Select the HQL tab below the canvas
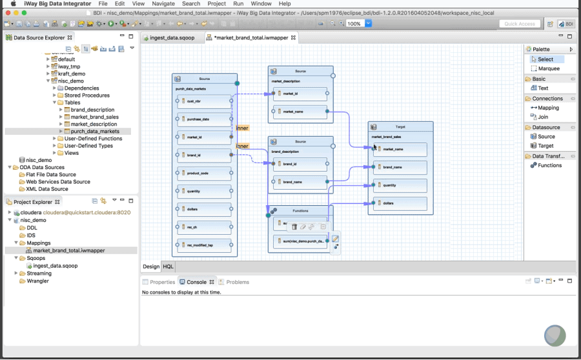(168, 266)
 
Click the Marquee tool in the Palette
(549, 68)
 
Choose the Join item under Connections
(543, 117)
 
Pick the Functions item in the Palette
(549, 165)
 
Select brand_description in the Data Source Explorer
(92, 110)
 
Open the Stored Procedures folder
(87, 95)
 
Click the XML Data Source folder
(46, 189)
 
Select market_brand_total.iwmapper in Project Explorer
(68, 250)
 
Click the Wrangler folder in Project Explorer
(37, 281)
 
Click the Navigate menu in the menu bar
(163, 4)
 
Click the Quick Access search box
(520, 24)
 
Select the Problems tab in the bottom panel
(237, 282)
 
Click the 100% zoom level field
(354, 24)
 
